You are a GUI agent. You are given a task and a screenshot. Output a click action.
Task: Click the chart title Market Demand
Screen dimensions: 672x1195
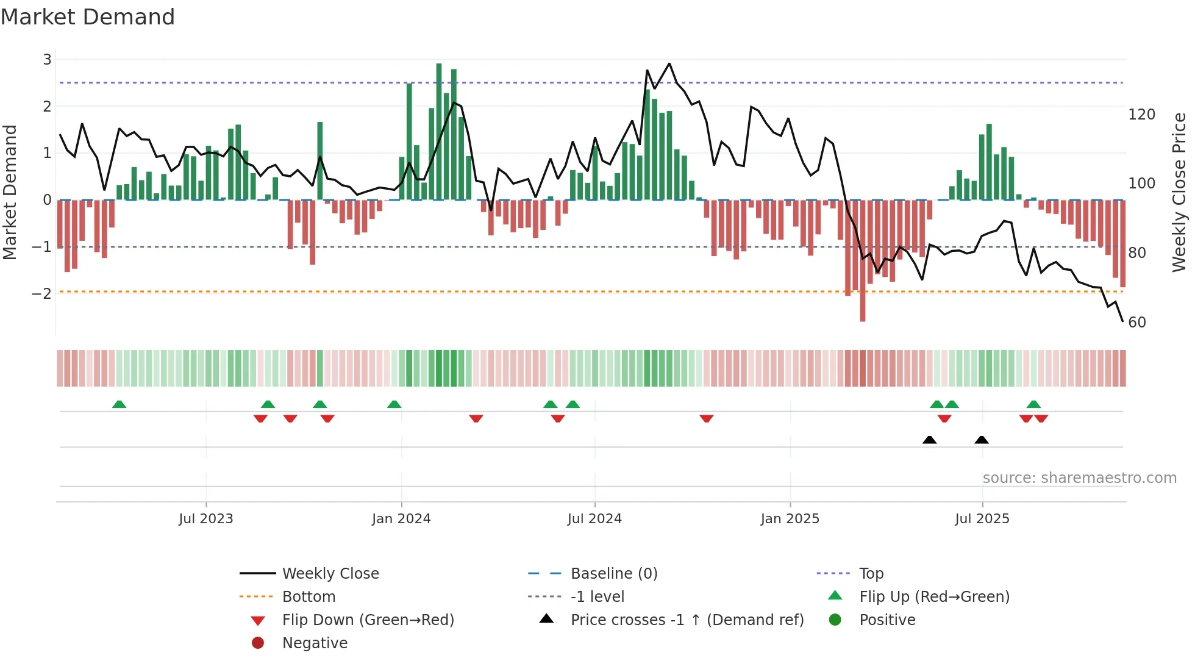[x=88, y=17]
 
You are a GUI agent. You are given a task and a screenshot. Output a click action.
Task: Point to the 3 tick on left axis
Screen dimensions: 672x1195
[x=47, y=60]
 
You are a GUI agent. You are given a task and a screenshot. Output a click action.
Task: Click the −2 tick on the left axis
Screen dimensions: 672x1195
[x=41, y=293]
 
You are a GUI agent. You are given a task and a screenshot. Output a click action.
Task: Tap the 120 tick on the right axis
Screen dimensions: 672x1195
[x=1141, y=115]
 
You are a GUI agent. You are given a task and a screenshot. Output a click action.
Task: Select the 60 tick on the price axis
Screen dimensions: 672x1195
[x=1137, y=322]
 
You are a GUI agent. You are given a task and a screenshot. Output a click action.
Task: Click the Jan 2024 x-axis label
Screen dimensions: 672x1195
[x=401, y=519]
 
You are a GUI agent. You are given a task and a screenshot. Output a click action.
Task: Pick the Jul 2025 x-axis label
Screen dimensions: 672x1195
[x=982, y=519]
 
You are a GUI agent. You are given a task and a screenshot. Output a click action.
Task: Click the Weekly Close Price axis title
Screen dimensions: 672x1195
[x=1179, y=192]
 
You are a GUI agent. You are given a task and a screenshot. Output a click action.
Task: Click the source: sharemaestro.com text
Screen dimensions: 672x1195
[x=1079, y=478]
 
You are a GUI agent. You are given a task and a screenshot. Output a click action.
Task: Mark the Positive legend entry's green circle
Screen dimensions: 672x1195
[x=835, y=620]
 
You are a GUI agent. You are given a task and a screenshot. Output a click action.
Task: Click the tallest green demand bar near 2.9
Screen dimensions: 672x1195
[x=439, y=131]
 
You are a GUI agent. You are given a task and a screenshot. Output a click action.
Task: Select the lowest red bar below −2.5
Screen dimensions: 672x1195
[x=863, y=262]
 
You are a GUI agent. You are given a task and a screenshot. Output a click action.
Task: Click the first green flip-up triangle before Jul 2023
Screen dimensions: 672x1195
[x=120, y=404]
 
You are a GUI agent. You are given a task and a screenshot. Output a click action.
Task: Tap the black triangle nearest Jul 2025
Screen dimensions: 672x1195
[x=982, y=440]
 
